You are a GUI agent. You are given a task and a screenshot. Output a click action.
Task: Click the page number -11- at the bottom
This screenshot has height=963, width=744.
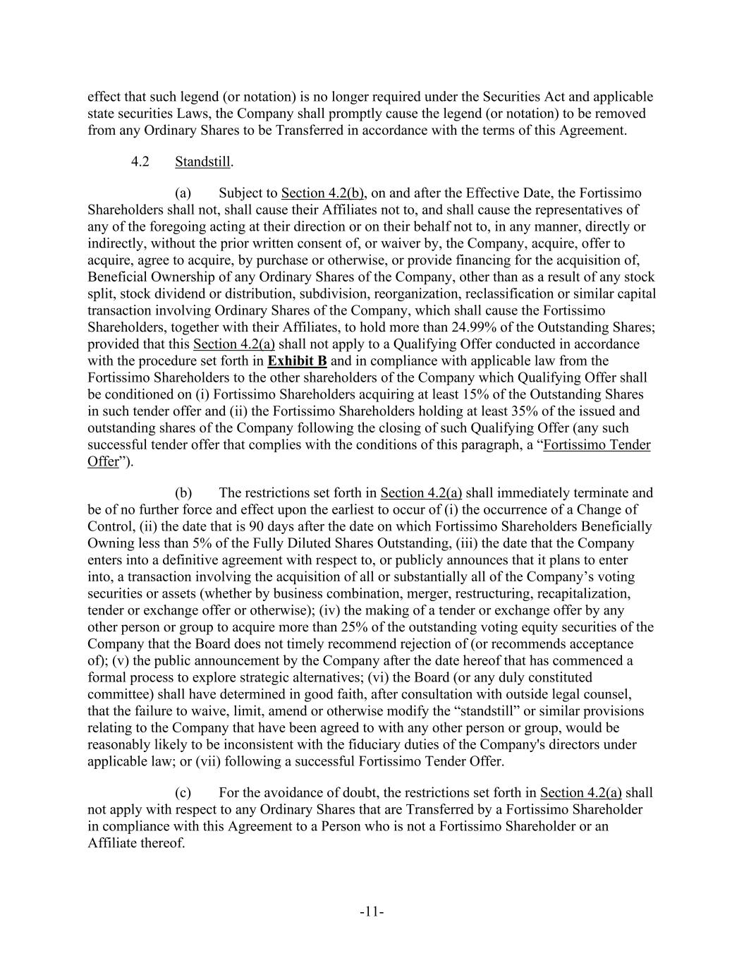(x=372, y=912)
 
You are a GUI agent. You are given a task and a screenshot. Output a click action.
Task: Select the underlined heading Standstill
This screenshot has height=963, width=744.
(x=202, y=162)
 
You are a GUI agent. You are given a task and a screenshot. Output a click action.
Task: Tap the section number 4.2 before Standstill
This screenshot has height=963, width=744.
(x=140, y=162)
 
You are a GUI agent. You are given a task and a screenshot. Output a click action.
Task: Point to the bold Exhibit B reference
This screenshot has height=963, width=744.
(x=297, y=361)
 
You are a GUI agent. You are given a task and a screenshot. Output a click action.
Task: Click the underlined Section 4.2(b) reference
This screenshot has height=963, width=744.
(x=322, y=193)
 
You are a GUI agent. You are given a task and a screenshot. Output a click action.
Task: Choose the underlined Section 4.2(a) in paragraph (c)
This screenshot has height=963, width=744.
(x=580, y=793)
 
